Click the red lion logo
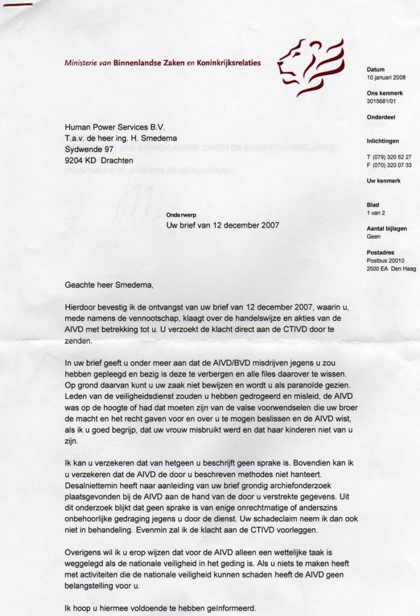pos(310,66)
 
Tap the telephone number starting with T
pos(389,157)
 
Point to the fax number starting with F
pos(389,165)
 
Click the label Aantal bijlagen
pos(387,229)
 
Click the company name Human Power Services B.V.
pos(114,127)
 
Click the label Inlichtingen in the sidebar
pos(383,141)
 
